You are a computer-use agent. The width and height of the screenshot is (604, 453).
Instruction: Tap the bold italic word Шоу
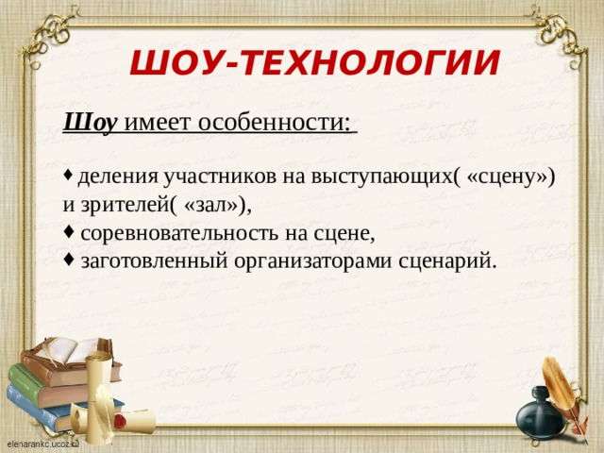coord(90,122)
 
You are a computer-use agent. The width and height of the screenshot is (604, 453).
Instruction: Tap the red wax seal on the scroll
coord(120,415)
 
